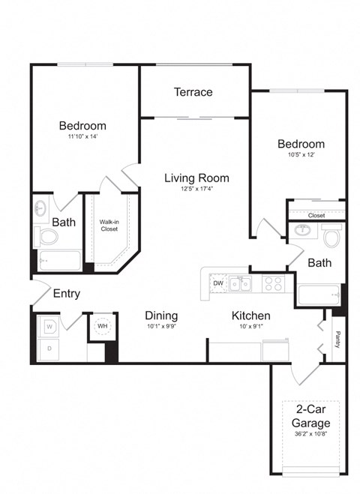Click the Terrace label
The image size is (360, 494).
tap(193, 92)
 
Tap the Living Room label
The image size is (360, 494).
tap(197, 178)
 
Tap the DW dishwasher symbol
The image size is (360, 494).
tap(217, 283)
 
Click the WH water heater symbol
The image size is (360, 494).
tap(101, 326)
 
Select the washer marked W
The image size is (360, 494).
tap(48, 327)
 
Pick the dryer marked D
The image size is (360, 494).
tap(48, 349)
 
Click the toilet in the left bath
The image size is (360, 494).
tap(48, 238)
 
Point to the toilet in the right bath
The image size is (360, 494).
tap(332, 238)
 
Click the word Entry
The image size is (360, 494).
tap(66, 294)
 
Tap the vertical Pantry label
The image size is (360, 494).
tap(337, 339)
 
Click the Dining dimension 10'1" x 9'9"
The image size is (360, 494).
tap(161, 328)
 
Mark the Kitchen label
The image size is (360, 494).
tap(250, 316)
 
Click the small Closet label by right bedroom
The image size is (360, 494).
tap(316, 214)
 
